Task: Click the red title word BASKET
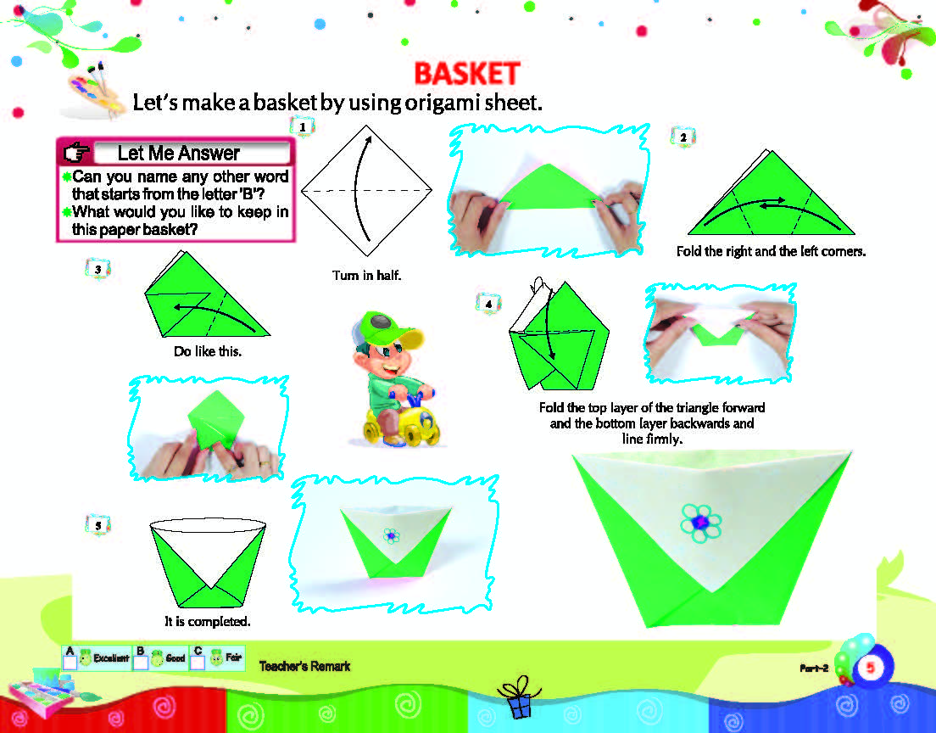467,74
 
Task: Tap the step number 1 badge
302,126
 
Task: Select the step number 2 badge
682,137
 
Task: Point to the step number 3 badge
97,270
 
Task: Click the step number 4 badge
488,304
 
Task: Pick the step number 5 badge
97,525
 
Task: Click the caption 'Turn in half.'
366,276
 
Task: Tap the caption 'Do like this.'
208,351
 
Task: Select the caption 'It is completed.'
208,621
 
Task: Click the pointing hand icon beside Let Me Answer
76,153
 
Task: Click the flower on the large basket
701,523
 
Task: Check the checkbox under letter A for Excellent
70,663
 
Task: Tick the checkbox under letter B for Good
140,663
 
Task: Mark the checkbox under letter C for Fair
198,663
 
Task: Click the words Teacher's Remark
304,666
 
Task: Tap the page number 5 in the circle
871,668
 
